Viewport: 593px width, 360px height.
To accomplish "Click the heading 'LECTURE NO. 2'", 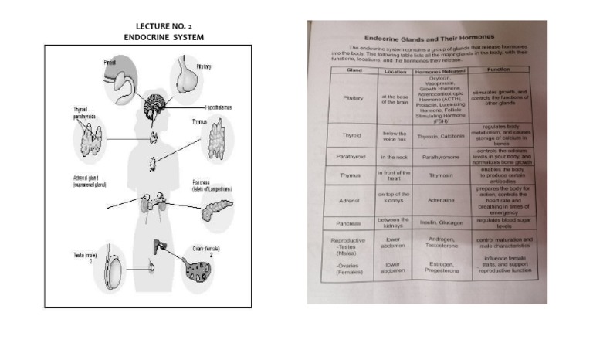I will [164, 26].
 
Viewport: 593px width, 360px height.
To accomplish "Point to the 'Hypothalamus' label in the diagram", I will [219, 106].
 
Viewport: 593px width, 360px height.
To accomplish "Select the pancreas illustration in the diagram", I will [217, 209].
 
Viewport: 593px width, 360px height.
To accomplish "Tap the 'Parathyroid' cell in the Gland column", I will [351, 158].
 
